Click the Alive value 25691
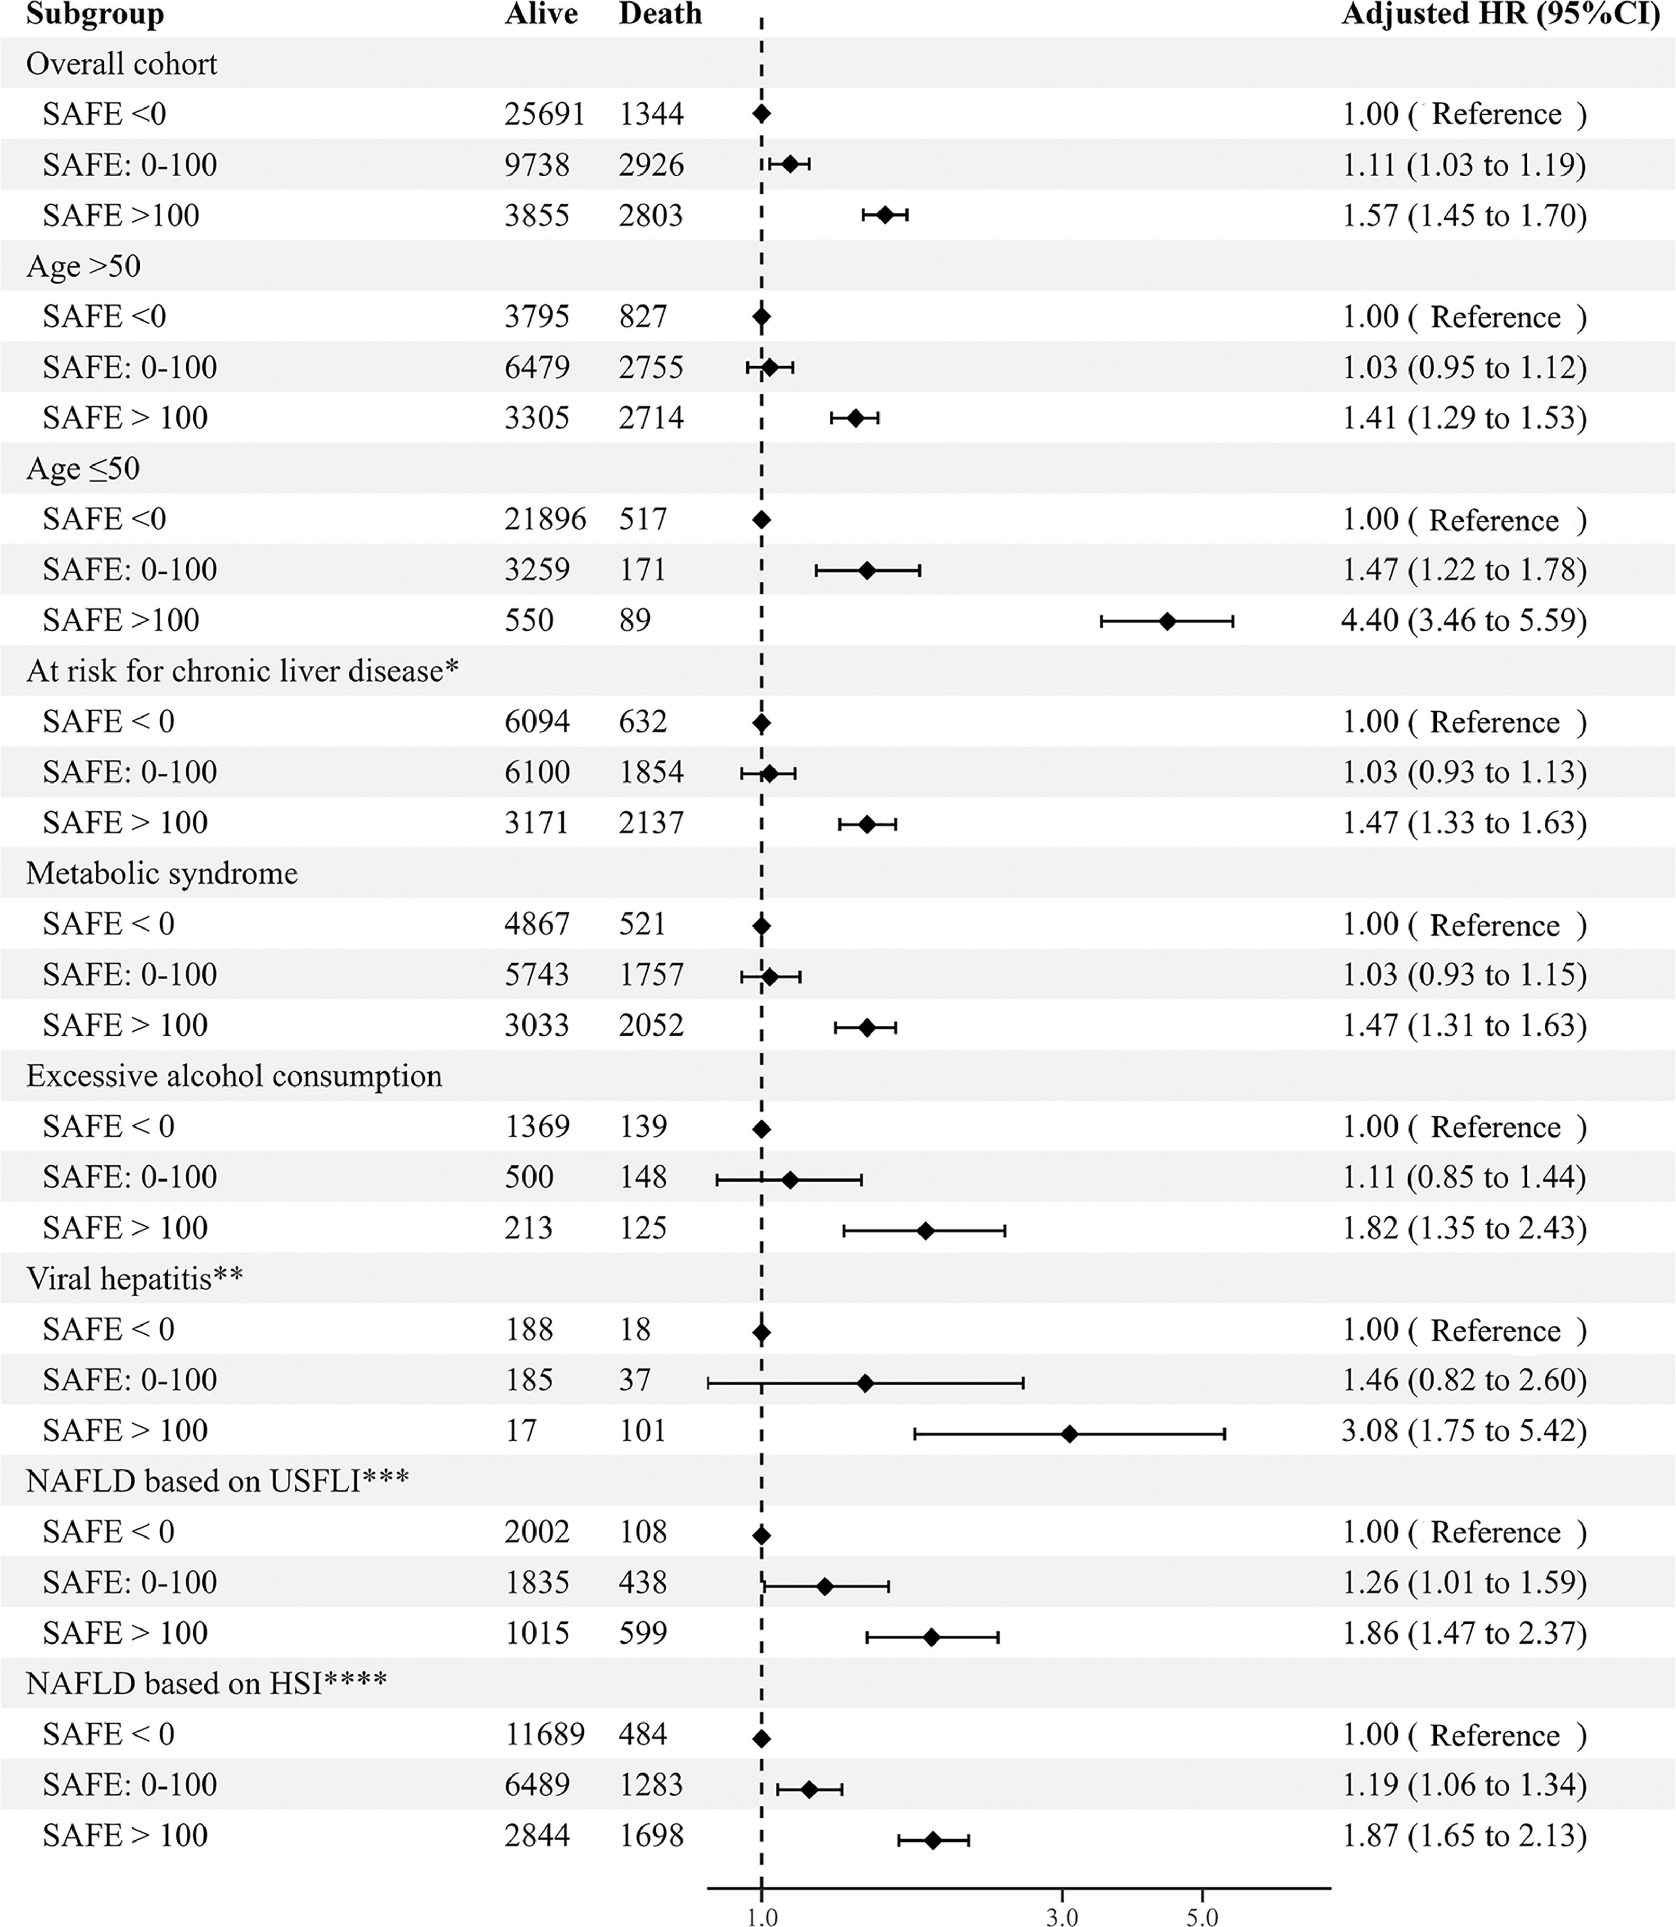pos(545,114)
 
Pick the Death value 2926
pos(651,165)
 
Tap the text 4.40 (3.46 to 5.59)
pos(1464,620)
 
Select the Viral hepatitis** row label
pos(134,1278)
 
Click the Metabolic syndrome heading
pos(162,873)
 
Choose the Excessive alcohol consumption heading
pos(234,1076)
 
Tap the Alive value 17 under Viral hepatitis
pos(520,1430)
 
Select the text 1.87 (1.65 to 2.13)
pos(1464,1835)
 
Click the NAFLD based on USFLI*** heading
pos(217,1481)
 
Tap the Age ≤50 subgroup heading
pos(83,468)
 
